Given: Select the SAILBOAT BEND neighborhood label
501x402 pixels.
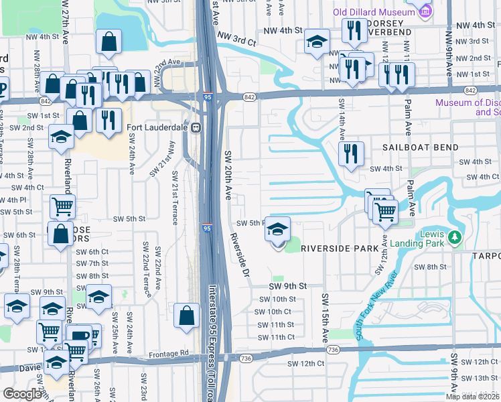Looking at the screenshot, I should [x=421, y=147].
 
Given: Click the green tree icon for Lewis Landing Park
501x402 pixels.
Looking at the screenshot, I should [x=455, y=237].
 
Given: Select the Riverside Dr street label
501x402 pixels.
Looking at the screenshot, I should [x=239, y=256].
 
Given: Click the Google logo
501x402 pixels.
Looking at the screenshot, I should [x=22, y=394].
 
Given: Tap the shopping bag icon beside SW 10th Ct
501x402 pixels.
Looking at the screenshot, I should [x=186, y=315].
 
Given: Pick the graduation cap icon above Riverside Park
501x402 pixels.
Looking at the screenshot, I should [x=277, y=230].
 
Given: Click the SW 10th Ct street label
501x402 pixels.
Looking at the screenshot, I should [x=274, y=312].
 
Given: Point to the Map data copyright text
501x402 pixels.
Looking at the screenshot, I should [x=472, y=397].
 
